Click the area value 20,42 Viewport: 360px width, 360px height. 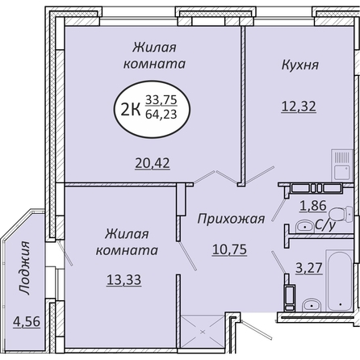(x=153, y=163)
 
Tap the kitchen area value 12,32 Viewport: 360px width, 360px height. (x=299, y=107)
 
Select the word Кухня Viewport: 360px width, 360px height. (x=300, y=65)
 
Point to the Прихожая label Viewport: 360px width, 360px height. (x=231, y=220)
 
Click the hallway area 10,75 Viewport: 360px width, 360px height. (x=229, y=249)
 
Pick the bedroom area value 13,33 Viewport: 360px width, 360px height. (x=123, y=280)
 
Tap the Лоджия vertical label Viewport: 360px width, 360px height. (x=24, y=268)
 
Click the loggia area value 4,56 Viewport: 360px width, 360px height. (x=27, y=322)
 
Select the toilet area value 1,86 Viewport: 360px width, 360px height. (x=313, y=206)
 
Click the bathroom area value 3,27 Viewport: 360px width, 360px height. (x=309, y=268)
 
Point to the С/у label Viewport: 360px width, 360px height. (x=325, y=225)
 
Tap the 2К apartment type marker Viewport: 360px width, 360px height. (x=131, y=110)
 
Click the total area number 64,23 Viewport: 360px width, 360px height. (x=161, y=115)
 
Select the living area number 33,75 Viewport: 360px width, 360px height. (x=161, y=100)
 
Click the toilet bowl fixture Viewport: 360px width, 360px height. (x=341, y=214)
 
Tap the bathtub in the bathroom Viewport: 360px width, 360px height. (x=340, y=280)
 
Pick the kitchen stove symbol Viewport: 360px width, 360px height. (x=342, y=165)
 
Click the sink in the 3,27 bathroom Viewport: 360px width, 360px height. (x=312, y=305)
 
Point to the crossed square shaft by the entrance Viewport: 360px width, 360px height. (x=203, y=332)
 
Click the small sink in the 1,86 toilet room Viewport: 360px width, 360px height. (x=304, y=226)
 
